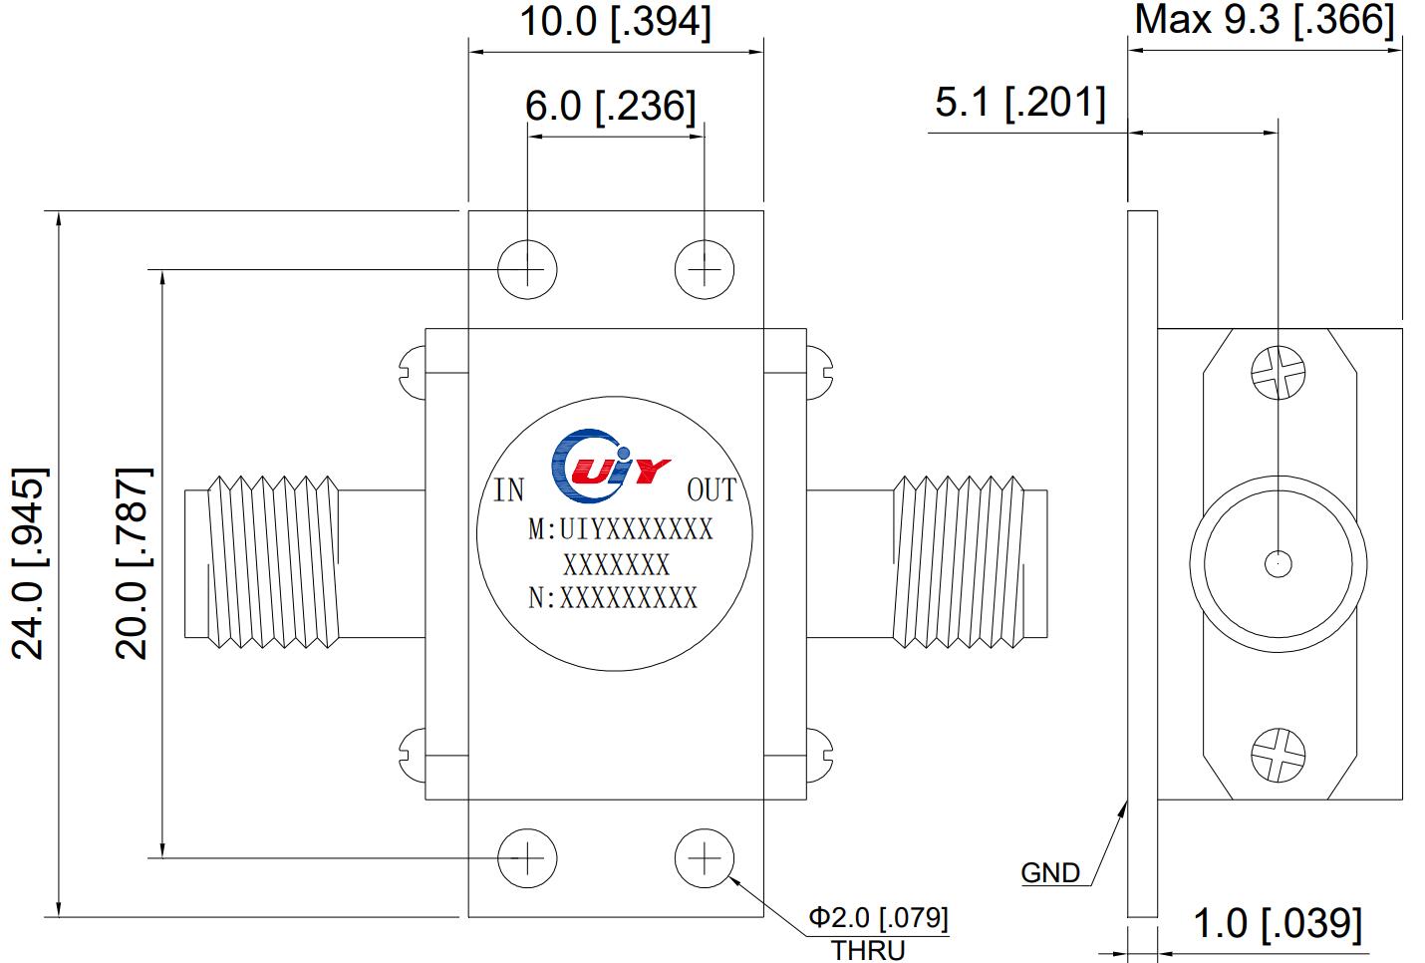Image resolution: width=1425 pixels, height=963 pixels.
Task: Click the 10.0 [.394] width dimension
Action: (616, 22)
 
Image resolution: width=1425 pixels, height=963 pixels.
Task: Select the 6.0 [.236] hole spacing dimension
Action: (611, 105)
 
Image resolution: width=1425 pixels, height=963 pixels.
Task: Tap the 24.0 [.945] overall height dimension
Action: (29, 563)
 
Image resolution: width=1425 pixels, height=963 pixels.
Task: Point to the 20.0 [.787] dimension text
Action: (132, 563)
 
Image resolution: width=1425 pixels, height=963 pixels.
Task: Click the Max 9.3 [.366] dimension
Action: (1265, 20)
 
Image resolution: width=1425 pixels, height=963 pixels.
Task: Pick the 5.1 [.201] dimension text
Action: (1019, 102)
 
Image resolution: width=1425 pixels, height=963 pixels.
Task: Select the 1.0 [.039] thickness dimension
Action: (1277, 924)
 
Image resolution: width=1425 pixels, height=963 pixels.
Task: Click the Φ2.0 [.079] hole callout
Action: (878, 916)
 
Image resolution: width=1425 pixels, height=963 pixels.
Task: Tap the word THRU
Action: (868, 950)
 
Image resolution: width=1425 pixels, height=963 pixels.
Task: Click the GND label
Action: (1050, 873)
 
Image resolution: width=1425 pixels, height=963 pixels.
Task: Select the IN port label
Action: (509, 490)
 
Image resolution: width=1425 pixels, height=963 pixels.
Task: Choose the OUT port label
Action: (712, 490)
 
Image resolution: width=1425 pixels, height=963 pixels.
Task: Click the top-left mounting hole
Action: (527, 269)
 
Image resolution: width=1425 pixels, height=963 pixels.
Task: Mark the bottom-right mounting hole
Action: (705, 857)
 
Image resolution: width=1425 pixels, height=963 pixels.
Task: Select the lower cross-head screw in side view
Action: (1278, 752)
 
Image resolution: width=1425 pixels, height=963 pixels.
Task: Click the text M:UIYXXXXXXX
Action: (620, 529)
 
